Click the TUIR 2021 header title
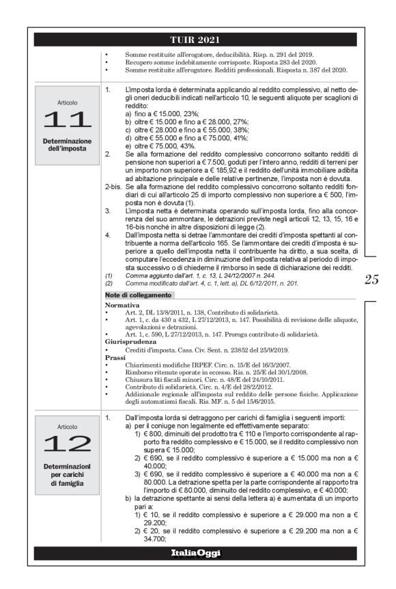[197, 39]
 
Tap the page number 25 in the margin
[372, 279]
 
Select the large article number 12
[67, 443]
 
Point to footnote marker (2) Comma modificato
[108, 283]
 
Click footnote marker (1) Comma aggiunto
[108, 275]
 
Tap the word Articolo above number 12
[67, 424]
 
